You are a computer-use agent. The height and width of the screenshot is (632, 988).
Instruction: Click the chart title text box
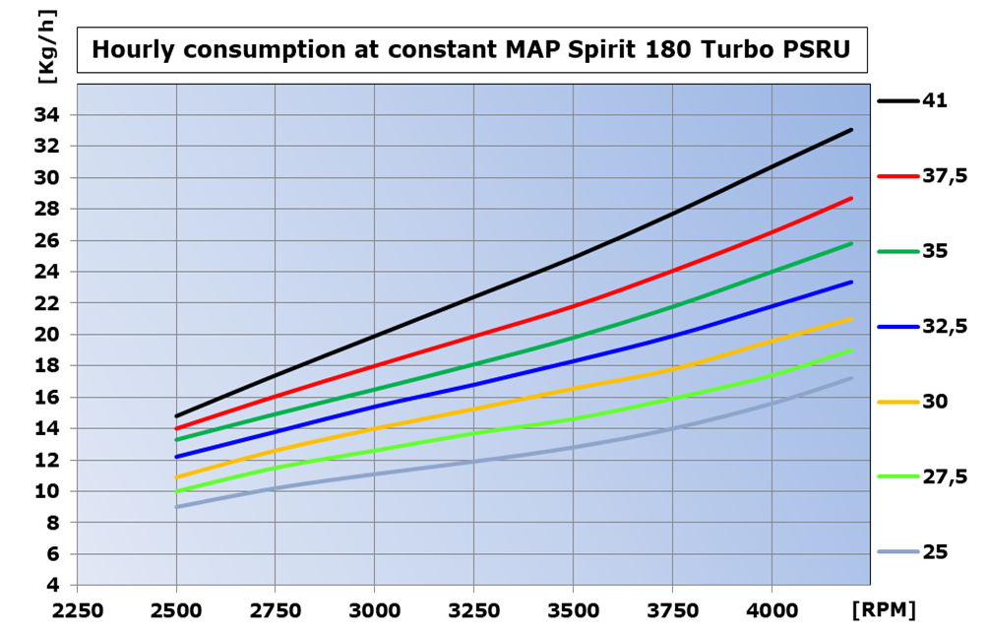point(472,50)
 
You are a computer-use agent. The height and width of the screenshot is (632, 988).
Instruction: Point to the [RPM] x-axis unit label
point(886,610)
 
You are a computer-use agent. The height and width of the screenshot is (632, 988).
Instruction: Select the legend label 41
point(934,100)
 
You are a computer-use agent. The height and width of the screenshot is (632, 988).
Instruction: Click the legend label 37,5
point(943,175)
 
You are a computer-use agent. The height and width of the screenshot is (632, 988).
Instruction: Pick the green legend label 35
point(934,251)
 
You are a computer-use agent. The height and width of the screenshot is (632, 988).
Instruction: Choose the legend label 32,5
point(943,326)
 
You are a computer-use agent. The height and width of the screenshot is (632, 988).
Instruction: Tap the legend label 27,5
point(943,476)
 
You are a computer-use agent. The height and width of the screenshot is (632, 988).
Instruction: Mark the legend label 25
point(934,552)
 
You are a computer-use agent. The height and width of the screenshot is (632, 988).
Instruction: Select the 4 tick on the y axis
point(55,586)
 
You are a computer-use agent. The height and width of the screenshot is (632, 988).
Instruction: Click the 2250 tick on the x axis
point(77,610)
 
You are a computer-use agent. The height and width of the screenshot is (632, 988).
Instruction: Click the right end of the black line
point(851,129)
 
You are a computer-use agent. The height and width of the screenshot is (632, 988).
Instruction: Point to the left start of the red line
point(177,428)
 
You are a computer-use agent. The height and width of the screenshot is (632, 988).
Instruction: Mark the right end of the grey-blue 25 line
point(851,378)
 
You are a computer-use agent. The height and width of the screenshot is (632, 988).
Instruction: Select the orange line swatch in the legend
point(896,402)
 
